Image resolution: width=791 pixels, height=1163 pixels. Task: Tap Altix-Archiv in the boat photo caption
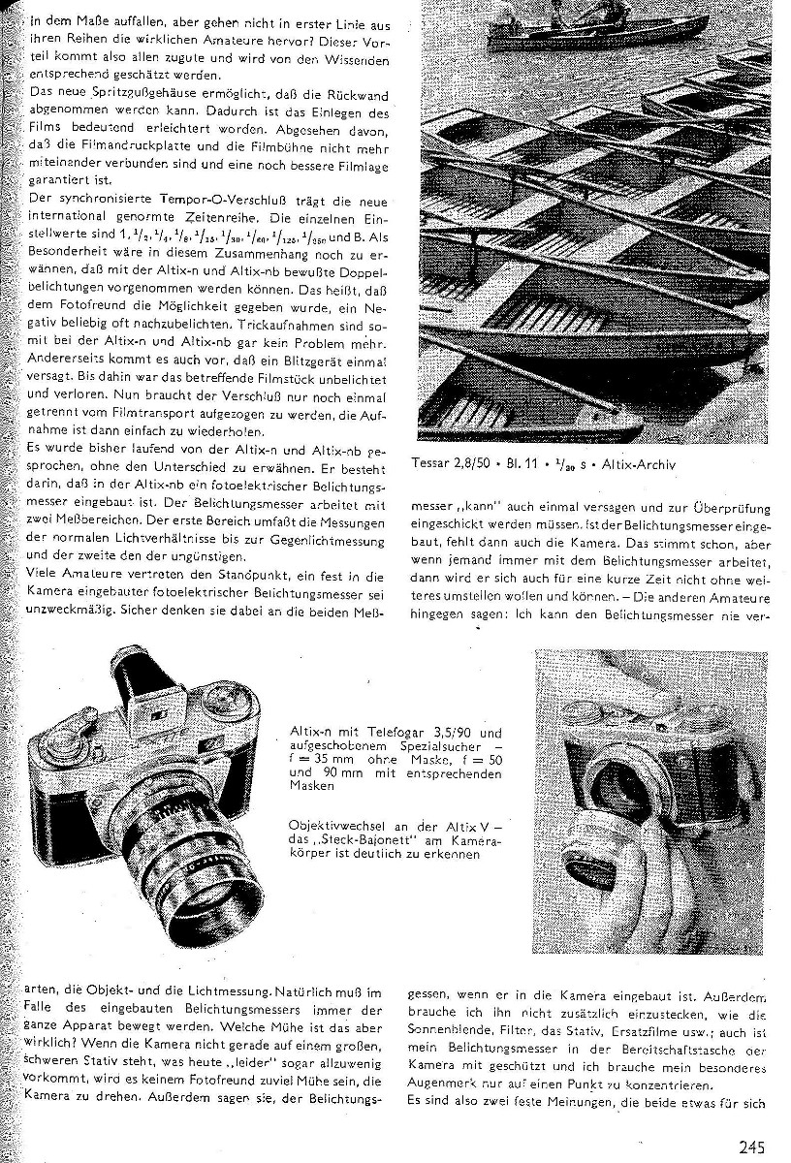tap(639, 464)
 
